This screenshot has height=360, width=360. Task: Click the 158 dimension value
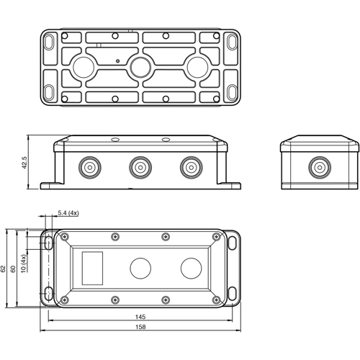click(141, 328)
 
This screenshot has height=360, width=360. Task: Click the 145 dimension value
click(141, 316)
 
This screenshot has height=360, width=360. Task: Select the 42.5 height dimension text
click(24, 164)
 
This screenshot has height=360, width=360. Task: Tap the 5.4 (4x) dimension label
click(69, 214)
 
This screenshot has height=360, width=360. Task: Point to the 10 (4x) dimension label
click(23, 264)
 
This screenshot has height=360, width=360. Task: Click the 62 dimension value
click(4, 269)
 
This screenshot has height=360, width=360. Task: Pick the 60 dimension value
click(13, 269)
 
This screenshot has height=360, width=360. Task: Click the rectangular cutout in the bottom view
click(93, 268)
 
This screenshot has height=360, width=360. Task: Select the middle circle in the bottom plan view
click(140, 269)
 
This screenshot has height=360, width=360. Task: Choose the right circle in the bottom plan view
click(189, 269)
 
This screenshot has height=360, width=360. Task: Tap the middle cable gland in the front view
click(140, 168)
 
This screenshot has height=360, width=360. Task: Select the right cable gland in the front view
click(190, 168)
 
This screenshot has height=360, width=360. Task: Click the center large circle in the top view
click(140, 68)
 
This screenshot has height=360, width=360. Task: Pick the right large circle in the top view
click(196, 68)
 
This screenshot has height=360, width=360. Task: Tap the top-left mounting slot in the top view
click(50, 42)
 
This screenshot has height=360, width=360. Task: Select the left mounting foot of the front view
click(48, 186)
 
